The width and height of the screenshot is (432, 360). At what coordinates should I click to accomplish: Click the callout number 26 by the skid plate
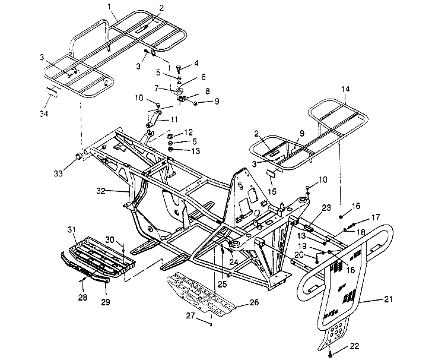click(x=253, y=302)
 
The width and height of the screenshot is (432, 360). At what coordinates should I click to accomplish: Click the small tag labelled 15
click(x=271, y=173)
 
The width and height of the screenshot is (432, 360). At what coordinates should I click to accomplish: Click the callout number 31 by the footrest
click(x=71, y=229)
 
